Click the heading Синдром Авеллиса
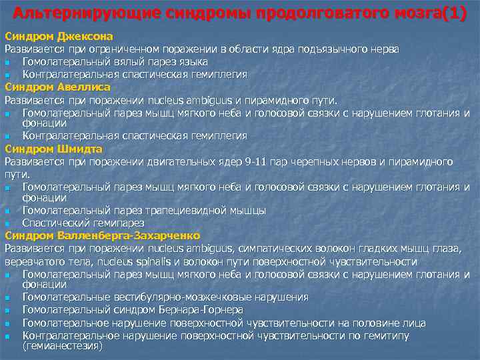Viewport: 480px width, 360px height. click(57, 87)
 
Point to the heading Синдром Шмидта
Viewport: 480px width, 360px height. click(54, 149)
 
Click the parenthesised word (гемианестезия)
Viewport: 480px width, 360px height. click(62, 347)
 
